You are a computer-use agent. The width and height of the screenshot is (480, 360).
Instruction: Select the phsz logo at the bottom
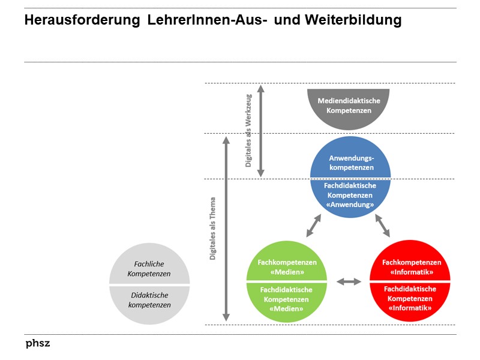[38, 344]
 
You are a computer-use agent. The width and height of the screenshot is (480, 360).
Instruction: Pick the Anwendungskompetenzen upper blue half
[351, 160]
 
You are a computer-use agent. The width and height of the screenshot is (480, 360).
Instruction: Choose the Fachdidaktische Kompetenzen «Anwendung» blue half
[350, 196]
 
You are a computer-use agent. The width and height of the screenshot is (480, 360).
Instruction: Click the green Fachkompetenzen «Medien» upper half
[287, 266]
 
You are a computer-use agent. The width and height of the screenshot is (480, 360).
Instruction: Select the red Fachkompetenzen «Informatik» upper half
[411, 266]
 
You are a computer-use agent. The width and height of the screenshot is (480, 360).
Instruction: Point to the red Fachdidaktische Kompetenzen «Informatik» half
[411, 299]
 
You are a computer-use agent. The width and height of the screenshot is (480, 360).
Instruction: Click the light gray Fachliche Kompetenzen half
[149, 268]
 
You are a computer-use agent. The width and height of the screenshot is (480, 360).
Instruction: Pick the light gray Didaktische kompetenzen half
[149, 300]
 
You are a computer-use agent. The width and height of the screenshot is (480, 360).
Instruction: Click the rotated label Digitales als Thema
[213, 229]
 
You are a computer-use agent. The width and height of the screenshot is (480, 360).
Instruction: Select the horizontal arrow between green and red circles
[349, 281]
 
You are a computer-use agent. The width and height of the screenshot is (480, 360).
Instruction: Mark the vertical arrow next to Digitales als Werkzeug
[261, 130]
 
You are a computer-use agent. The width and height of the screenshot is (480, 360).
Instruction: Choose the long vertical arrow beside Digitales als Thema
[226, 229]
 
